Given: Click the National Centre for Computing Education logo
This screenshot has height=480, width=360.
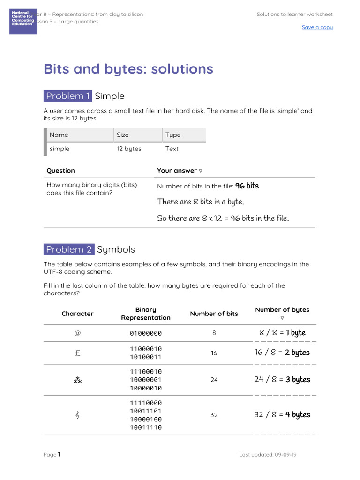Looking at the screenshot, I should pyautogui.click(x=23, y=21).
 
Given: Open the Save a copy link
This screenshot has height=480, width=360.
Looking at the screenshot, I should pyautogui.click(x=317, y=27).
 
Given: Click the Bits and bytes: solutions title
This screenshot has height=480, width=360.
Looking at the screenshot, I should pyautogui.click(x=128, y=69).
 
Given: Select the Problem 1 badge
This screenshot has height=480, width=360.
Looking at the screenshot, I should pyautogui.click(x=68, y=96).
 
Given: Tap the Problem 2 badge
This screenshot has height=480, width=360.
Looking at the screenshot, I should pyautogui.click(x=69, y=249).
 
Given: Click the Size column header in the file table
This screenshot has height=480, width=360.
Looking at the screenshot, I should pyautogui.click(x=123, y=135).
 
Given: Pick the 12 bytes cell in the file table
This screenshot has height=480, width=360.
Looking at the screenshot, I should pyautogui.click(x=129, y=149).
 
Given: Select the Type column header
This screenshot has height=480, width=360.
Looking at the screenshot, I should pyautogui.click(x=172, y=135).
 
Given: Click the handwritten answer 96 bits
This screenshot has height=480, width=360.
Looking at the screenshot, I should pyautogui.click(x=247, y=186).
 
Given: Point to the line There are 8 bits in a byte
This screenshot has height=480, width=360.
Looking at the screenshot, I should pyautogui.click(x=201, y=202).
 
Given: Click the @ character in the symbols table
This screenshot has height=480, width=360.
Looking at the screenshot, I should pyautogui.click(x=77, y=333).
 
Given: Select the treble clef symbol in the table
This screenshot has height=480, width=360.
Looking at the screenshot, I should pyautogui.click(x=77, y=415).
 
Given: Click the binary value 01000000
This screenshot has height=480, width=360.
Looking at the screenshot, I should pyautogui.click(x=146, y=333).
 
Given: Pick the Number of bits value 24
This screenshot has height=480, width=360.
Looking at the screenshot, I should pyautogui.click(x=214, y=380).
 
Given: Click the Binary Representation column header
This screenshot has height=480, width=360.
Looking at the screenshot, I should pyautogui.click(x=146, y=314).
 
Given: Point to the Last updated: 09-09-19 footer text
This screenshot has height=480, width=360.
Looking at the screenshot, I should pyautogui.click(x=268, y=455).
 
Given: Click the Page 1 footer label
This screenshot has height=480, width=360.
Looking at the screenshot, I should pyautogui.click(x=52, y=455).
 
